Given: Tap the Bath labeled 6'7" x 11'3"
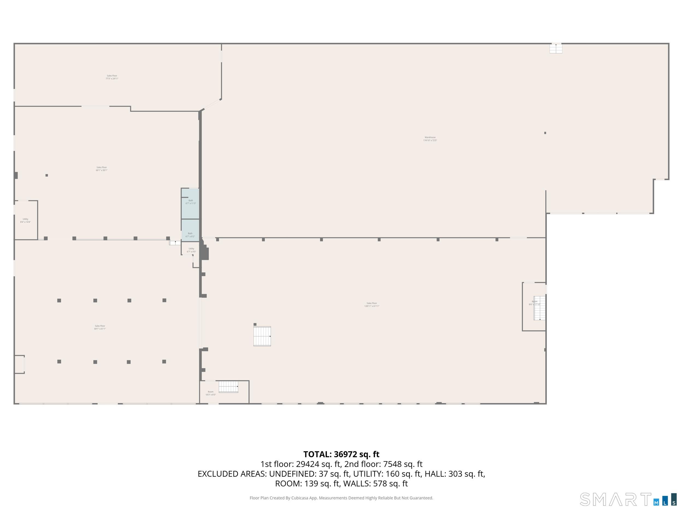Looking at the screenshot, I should pos(190,202).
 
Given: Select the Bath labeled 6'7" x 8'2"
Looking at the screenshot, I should pos(190,235).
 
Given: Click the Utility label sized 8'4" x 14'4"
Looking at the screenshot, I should pos(25,220).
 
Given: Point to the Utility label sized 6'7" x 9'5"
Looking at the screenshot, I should pos(192,250).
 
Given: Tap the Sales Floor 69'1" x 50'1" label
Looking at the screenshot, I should pos(102,169).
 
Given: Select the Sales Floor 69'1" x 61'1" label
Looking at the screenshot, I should pos(100,327).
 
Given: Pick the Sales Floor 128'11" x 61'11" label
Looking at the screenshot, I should pos(372,305).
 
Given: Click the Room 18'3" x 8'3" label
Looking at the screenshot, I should pos(211,393).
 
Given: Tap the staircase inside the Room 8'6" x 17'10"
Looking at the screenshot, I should pos(539,308).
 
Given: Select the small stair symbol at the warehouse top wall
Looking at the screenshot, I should pos(556,48).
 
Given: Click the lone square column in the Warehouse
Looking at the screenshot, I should pos(545,133).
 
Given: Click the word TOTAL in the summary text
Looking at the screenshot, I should pos(317,454).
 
